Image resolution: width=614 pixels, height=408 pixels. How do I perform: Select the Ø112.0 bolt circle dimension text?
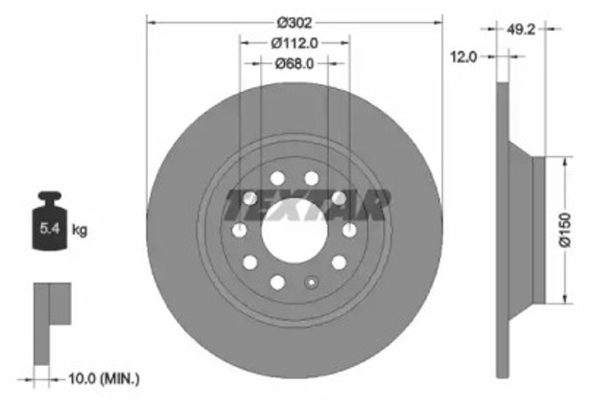[294, 43]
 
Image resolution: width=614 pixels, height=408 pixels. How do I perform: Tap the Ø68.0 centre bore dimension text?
[295, 64]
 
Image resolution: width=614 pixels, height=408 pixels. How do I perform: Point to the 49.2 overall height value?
[520, 30]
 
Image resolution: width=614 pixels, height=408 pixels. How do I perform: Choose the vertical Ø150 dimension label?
[565, 229]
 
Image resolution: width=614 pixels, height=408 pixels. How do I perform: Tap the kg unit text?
[81, 230]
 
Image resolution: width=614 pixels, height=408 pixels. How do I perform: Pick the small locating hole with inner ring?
[310, 283]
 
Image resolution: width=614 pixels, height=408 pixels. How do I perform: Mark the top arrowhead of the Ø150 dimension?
[565, 161]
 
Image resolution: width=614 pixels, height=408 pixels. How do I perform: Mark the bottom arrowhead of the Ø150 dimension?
[565, 298]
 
